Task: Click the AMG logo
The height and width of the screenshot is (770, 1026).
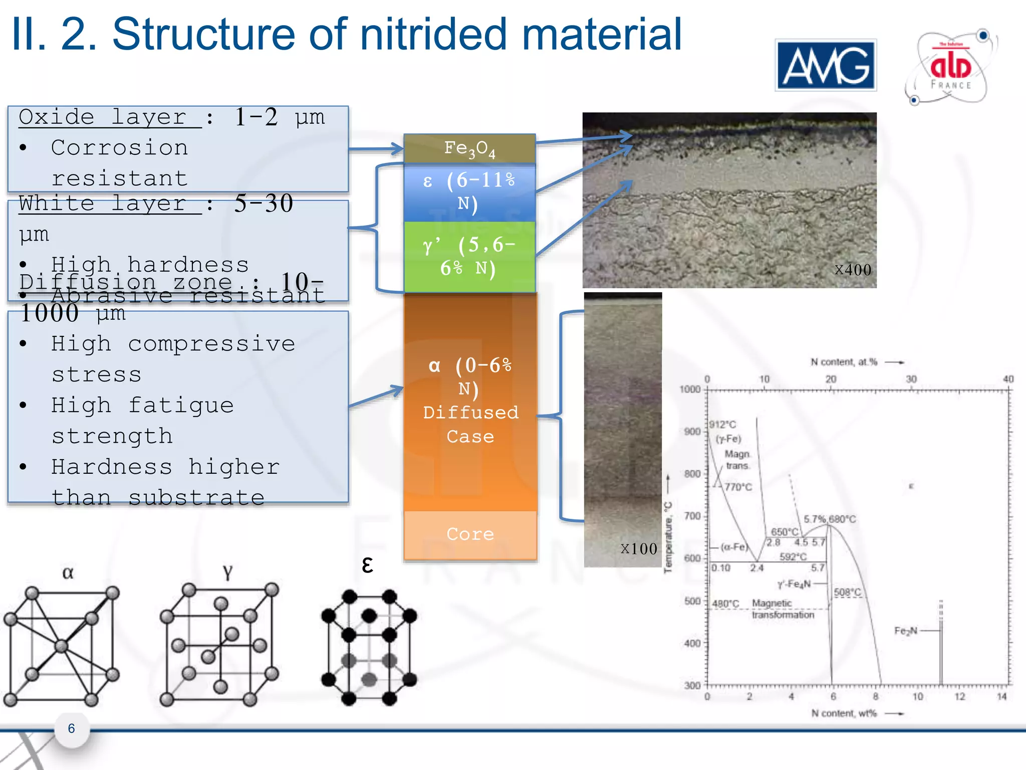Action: tap(826, 65)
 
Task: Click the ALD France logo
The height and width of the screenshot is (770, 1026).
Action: tap(950, 68)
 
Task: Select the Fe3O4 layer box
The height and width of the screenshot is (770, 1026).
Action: tap(469, 148)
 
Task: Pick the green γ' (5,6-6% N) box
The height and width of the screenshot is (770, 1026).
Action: tap(469, 257)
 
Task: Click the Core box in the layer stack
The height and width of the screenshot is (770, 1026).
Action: tap(470, 534)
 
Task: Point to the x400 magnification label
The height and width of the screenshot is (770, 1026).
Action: tap(853, 270)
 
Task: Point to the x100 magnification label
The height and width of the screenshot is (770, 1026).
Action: tap(639, 549)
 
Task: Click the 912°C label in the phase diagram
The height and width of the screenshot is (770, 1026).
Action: tap(722, 425)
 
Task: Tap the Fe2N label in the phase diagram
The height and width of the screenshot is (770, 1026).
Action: tap(906, 631)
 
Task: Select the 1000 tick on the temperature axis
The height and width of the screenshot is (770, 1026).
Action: tap(690, 390)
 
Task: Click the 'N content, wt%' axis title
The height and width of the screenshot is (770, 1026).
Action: tap(844, 713)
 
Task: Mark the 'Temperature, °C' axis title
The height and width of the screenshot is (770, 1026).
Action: tap(668, 536)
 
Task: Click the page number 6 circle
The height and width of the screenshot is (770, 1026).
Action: tap(72, 729)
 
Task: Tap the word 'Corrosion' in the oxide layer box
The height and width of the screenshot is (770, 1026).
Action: tap(120, 148)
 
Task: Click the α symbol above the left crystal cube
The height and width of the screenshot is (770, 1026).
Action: tap(68, 572)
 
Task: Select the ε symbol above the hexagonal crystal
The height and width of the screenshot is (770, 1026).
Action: tap(367, 565)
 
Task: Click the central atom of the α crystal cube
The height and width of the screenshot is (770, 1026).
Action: tap(61, 646)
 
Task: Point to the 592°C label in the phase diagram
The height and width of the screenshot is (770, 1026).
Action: tap(793, 557)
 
